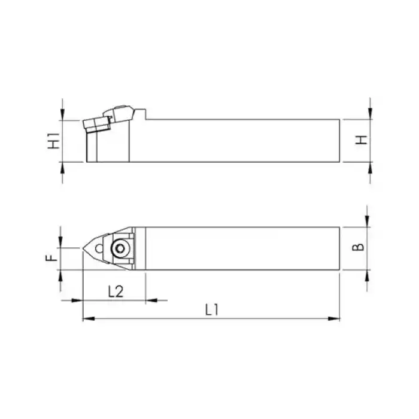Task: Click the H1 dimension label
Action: coord(54,141)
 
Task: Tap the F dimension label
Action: coord(53,258)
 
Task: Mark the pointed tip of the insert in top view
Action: coord(84,247)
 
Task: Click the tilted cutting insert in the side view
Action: coord(96,124)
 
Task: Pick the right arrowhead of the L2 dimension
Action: coord(151,300)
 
